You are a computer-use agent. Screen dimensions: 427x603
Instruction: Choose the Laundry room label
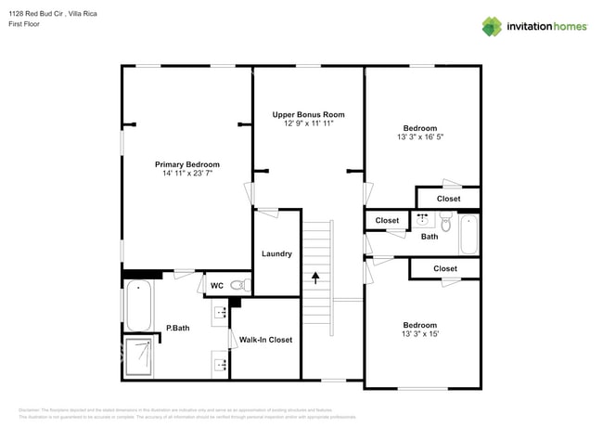coord(276,253)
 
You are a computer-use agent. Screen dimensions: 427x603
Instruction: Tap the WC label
coord(216,285)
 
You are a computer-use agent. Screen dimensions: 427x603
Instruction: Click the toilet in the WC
coord(237,285)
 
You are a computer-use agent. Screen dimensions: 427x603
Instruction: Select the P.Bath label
coord(178,327)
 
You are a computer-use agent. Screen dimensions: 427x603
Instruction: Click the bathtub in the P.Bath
coord(138,307)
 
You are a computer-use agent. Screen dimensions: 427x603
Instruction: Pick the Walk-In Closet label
coord(265,340)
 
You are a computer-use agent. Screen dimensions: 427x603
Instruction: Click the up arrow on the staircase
coord(315,276)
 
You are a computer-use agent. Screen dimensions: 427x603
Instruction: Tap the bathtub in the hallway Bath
coord(468,234)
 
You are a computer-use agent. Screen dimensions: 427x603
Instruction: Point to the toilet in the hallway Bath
coord(445,224)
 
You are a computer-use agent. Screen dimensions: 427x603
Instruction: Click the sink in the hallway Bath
coord(423,221)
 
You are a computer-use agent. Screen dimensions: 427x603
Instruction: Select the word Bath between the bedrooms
coord(430,237)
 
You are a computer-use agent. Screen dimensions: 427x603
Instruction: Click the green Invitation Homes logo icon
coord(491,26)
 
